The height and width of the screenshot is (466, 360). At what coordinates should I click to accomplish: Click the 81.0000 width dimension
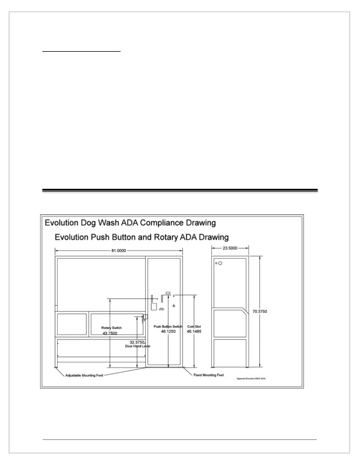click(x=119, y=251)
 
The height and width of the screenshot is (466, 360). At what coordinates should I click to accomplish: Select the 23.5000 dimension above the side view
click(x=230, y=248)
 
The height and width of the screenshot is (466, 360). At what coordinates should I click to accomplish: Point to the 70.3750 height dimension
click(x=260, y=311)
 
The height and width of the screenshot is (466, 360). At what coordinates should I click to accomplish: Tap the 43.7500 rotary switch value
click(x=110, y=333)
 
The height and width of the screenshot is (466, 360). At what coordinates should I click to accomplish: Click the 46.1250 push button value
click(x=168, y=332)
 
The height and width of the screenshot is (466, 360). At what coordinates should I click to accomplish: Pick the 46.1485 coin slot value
click(x=194, y=332)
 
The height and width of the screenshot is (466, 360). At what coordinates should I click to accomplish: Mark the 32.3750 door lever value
click(x=137, y=342)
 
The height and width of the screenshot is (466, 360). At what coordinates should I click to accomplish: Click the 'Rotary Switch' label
click(x=111, y=328)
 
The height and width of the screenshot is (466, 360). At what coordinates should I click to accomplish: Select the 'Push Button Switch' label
click(x=168, y=327)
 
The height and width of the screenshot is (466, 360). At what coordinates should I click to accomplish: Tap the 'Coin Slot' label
click(x=194, y=327)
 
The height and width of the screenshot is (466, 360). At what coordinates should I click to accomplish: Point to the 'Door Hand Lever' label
click(x=138, y=346)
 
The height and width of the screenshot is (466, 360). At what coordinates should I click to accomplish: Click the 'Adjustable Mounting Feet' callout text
click(x=84, y=375)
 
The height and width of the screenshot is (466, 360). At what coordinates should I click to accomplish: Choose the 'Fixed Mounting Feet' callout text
click(x=209, y=375)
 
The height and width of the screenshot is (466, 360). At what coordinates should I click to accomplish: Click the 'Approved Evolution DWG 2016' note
click(x=251, y=379)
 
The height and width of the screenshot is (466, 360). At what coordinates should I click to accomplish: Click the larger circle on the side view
click(x=220, y=263)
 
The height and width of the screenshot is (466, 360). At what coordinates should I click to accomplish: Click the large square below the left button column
click(x=154, y=307)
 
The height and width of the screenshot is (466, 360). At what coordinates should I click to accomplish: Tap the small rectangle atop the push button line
click(x=168, y=293)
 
